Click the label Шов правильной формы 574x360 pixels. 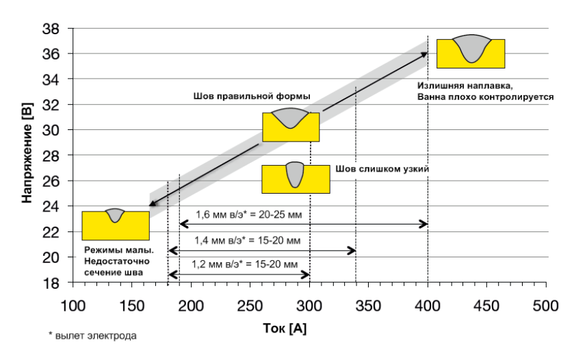coord(252,97)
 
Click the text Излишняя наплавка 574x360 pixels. coord(462,86)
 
